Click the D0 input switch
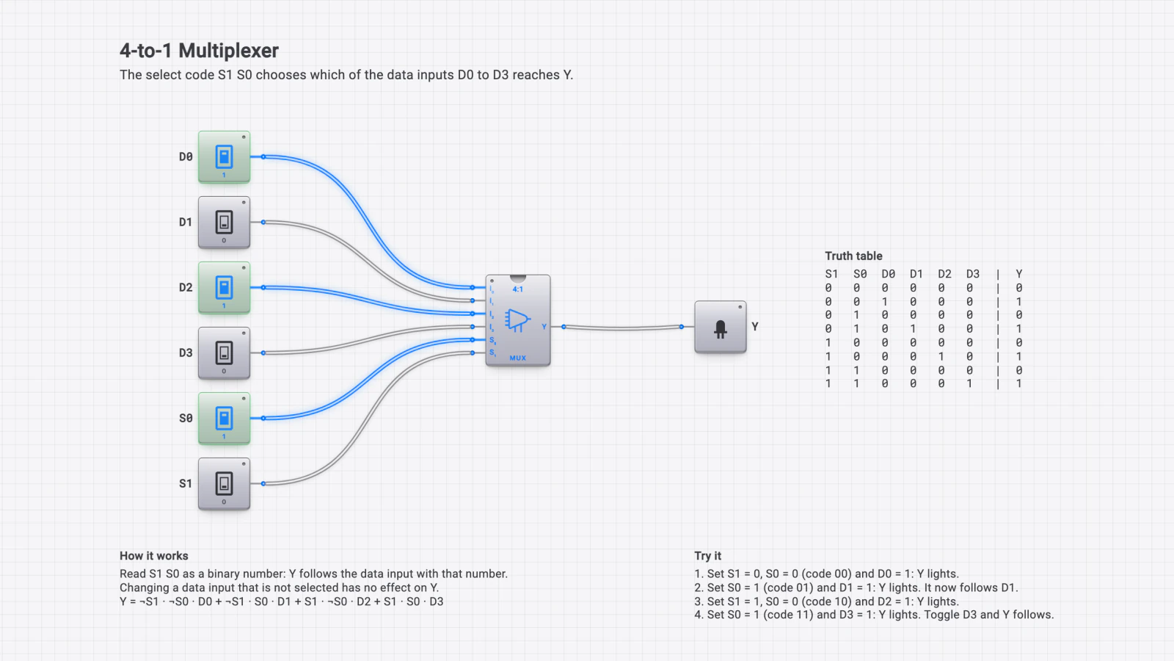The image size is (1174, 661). coord(224,157)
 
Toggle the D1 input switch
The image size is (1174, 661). coord(224,223)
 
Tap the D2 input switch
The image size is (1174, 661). coord(224,287)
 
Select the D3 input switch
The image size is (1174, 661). coord(224,353)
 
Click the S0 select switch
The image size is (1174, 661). coord(224,418)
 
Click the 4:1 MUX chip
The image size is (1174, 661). coord(518,320)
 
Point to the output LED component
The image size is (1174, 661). coord(720,327)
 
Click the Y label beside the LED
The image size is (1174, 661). coord(755,326)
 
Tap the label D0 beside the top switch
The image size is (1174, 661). coord(186,157)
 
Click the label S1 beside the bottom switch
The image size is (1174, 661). coord(186,484)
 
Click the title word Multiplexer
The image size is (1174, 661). coord(228,51)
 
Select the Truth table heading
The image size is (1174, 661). coord(853,256)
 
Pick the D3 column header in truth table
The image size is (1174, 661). coord(973,274)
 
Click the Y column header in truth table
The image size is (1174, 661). coord(1019,274)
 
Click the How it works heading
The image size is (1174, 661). coord(153,555)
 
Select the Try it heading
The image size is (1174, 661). coord(707,556)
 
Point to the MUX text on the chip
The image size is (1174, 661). coord(518,358)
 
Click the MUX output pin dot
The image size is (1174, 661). coord(564,327)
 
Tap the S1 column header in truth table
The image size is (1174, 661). coord(831,274)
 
